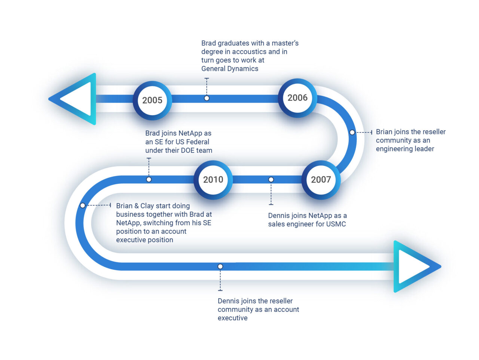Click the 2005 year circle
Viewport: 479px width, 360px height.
(x=152, y=100)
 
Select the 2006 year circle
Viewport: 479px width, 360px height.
(x=298, y=98)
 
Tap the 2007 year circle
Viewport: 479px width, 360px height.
(x=321, y=180)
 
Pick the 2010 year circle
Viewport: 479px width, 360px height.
(x=213, y=180)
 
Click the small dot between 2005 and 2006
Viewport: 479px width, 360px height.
(x=207, y=98)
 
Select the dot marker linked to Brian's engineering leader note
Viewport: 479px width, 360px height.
(x=352, y=132)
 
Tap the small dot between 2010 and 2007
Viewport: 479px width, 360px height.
(x=271, y=180)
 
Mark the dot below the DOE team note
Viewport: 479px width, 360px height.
(x=149, y=180)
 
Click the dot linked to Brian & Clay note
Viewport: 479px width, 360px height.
(x=83, y=205)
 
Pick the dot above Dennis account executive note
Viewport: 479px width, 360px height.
(x=220, y=266)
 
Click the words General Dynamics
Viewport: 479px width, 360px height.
(x=230, y=69)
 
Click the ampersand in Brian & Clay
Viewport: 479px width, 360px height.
(x=137, y=206)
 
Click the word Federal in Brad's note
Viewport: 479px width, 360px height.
(x=198, y=142)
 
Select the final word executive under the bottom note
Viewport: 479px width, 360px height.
(x=232, y=318)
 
